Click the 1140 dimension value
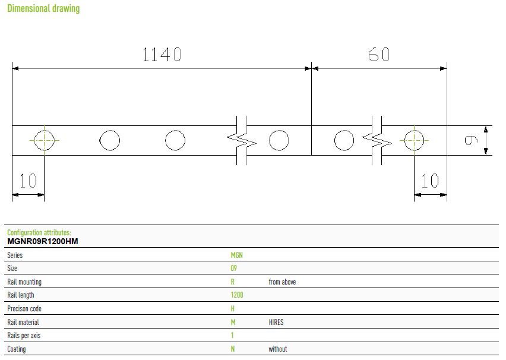[x=162, y=54]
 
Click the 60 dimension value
[x=379, y=54]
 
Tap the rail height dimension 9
[x=471, y=140]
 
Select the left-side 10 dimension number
[x=28, y=181]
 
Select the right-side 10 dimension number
[x=430, y=181]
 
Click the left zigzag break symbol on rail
[x=242, y=140]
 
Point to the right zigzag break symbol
[x=377, y=140]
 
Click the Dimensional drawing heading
[x=43, y=8]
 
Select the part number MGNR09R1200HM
[x=43, y=242]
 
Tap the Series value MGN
[x=236, y=255]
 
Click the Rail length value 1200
[x=237, y=295]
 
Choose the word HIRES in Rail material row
[x=276, y=322]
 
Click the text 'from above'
[x=282, y=282]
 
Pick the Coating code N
[x=233, y=349]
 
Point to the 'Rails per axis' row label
[x=24, y=336]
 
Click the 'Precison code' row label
[x=24, y=309]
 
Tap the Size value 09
[x=233, y=268]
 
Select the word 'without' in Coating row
[x=278, y=349]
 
